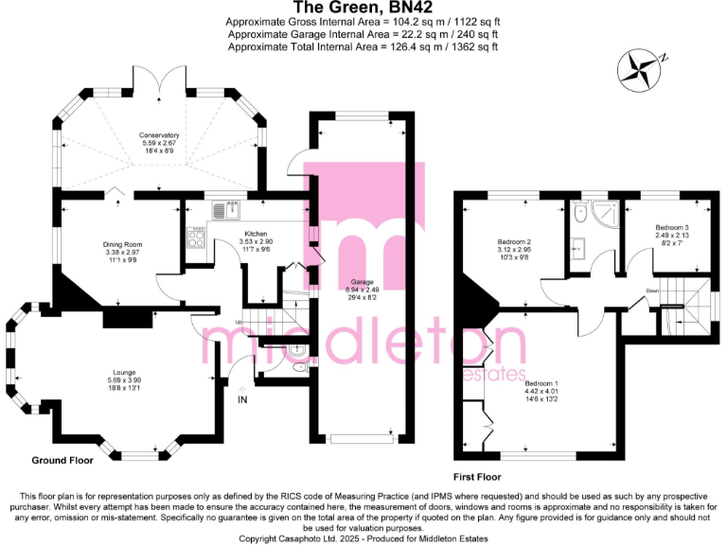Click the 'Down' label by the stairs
(x=651, y=290)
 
